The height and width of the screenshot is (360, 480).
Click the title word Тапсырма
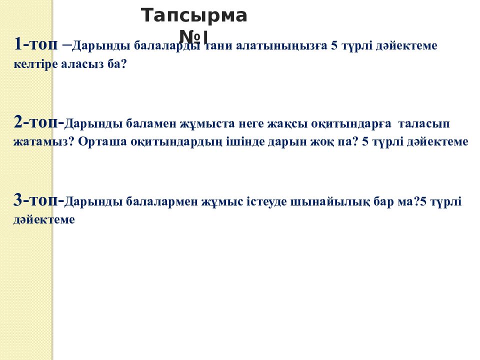(194, 16)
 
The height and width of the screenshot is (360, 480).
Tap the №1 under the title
(193, 36)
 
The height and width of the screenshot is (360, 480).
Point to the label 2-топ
(37, 122)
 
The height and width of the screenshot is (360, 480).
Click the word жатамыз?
(44, 142)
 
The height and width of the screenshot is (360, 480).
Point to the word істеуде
(270, 202)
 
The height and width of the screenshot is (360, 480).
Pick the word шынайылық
(334, 202)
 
